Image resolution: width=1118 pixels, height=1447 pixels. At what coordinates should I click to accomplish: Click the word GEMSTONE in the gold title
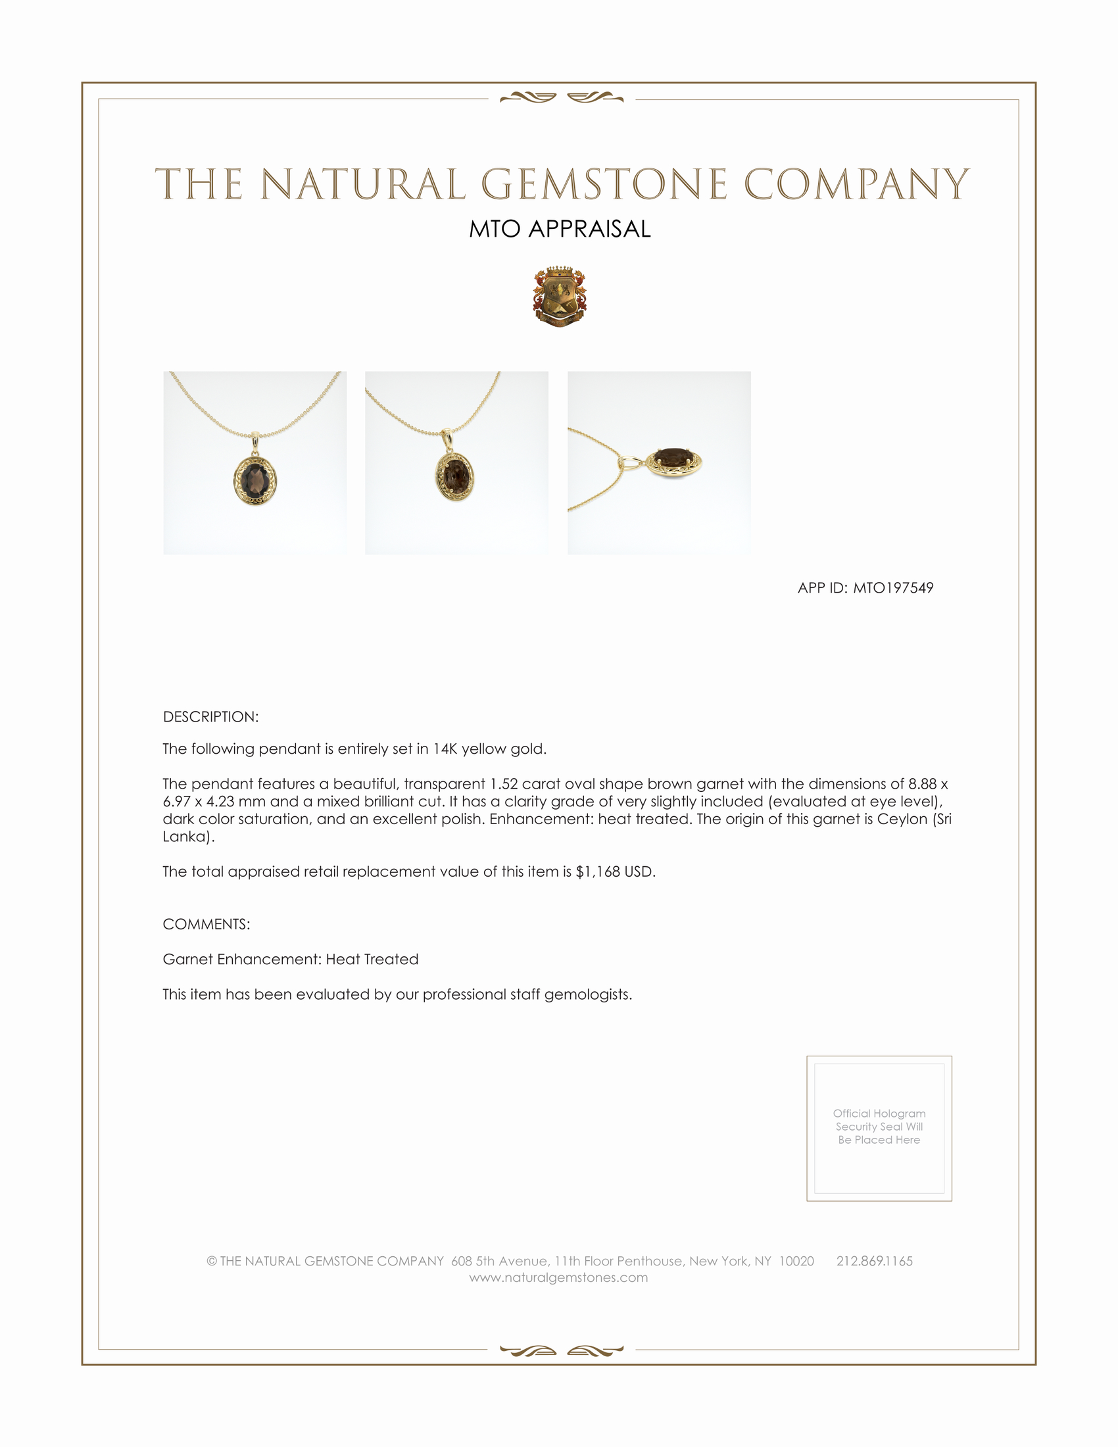coord(603,184)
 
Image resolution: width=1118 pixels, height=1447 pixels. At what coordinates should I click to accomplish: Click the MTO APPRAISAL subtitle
coord(560,229)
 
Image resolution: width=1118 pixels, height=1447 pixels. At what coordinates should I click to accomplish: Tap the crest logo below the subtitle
coord(560,297)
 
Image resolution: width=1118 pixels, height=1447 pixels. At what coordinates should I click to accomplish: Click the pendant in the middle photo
coord(454,475)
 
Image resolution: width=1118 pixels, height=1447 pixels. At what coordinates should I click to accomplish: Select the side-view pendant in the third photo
coord(673,461)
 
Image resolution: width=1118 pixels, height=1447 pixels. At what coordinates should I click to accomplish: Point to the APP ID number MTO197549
coord(893,587)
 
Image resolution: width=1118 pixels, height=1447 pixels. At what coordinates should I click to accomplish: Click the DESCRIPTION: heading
coord(210,717)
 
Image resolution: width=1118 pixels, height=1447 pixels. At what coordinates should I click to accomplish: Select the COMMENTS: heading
coord(207,924)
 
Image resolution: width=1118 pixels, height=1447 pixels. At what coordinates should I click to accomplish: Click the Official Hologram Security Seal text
coord(879,1126)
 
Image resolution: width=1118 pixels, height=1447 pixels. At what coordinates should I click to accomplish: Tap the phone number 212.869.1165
coord(874,1261)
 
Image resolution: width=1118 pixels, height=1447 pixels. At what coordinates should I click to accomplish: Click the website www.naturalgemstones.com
coord(558,1278)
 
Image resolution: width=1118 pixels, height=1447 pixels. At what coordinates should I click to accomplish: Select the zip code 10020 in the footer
coord(796,1261)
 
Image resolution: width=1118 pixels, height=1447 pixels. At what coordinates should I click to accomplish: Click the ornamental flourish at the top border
coord(562,98)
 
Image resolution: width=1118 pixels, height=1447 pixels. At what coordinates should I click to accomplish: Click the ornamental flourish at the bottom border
coord(562,1350)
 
